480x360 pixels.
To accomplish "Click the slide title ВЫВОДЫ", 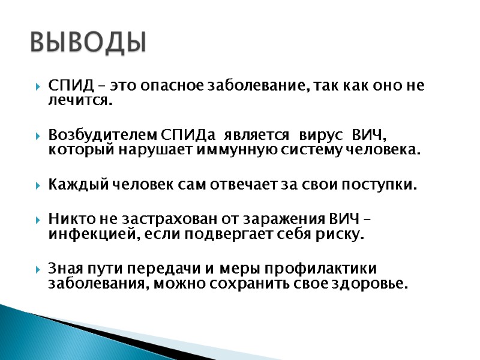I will [x=88, y=42].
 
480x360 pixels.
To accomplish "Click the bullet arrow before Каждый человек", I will [x=38, y=185].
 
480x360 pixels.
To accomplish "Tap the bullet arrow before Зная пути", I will [x=38, y=268].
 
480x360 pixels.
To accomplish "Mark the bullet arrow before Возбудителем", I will [x=38, y=133].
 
